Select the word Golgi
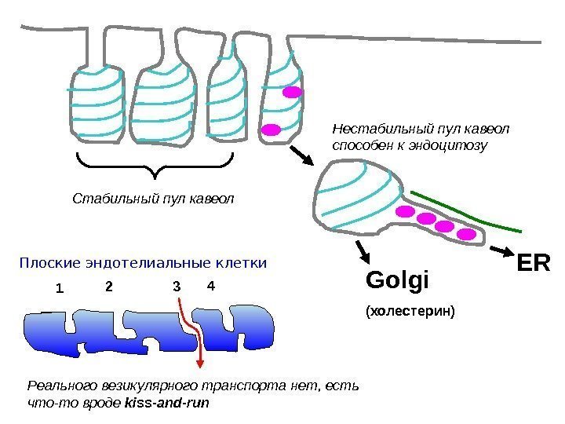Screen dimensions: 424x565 (x=399, y=281)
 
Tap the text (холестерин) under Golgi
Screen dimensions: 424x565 (x=410, y=312)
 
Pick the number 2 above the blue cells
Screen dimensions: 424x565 (x=109, y=287)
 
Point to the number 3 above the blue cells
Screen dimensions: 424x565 (x=177, y=287)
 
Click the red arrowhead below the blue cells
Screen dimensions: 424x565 (x=201, y=362)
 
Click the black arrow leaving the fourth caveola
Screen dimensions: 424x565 (x=303, y=154)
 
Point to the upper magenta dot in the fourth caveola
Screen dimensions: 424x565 (x=292, y=92)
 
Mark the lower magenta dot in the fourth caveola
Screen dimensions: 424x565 (x=272, y=129)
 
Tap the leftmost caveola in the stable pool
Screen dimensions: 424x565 (x=97, y=104)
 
